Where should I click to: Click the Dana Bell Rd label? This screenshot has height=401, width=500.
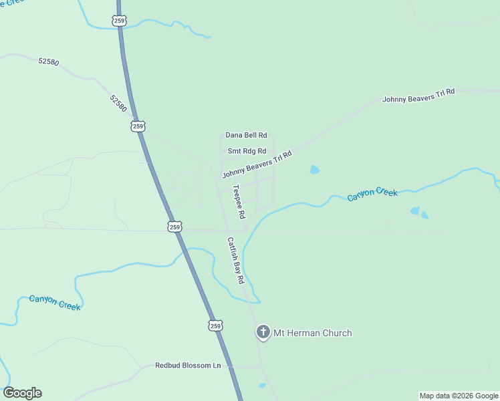point(246,135)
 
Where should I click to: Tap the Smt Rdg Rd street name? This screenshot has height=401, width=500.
point(247,151)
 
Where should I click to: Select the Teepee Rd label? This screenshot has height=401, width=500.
point(238,202)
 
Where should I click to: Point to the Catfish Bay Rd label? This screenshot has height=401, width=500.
point(235,261)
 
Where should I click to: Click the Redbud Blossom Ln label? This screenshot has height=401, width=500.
point(188,366)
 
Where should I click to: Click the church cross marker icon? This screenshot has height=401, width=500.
point(263,332)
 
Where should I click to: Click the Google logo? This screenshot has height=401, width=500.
point(22,393)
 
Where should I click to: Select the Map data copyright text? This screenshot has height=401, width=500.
point(459,396)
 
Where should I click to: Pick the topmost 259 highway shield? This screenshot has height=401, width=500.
point(119,21)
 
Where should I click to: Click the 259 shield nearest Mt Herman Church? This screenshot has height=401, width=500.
point(215,325)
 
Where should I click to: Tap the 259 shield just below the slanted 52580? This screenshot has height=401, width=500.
point(138,126)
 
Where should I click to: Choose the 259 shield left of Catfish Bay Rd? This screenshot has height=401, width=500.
point(174,227)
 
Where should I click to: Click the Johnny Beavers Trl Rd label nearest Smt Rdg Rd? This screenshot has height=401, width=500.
point(257,164)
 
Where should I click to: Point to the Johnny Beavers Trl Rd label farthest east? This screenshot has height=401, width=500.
point(418,95)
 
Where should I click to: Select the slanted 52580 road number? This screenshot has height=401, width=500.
point(118,103)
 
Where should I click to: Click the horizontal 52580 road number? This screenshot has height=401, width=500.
point(49,61)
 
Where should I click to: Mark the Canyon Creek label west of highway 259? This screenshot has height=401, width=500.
point(55,303)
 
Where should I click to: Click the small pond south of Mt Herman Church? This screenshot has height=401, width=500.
point(263,386)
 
